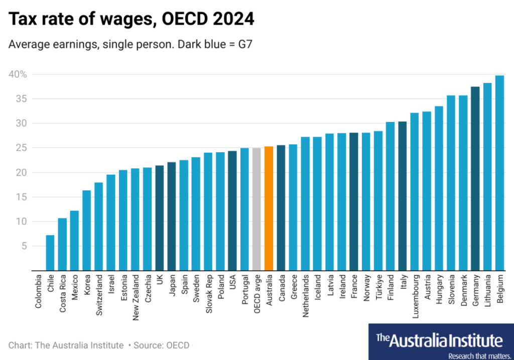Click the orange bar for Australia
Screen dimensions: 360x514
point(269,208)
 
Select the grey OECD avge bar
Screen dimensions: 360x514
point(256,209)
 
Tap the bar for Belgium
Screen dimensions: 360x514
point(499,173)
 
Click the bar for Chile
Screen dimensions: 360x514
point(50,253)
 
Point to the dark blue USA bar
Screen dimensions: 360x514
point(232,211)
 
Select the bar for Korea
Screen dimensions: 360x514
point(86,230)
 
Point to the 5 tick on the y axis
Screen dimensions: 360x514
point(23,246)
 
